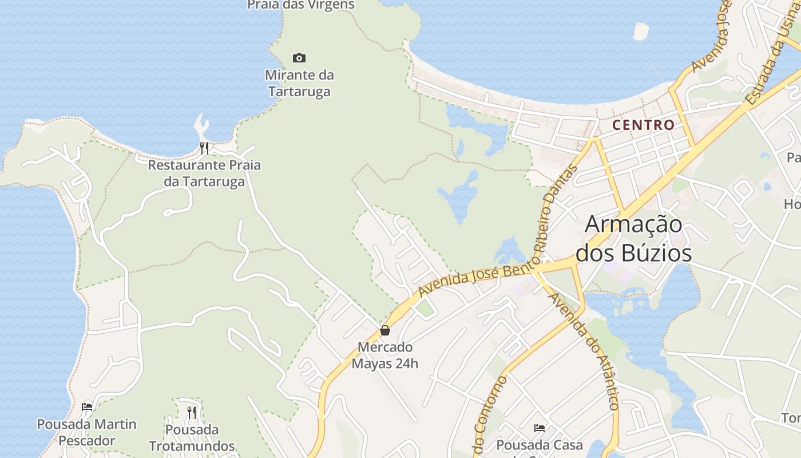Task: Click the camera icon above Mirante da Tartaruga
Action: pyautogui.click(x=299, y=58)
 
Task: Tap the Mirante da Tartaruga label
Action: pyautogui.click(x=300, y=83)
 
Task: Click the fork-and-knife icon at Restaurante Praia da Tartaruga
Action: pyautogui.click(x=204, y=148)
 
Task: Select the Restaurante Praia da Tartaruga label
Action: pyautogui.click(x=204, y=173)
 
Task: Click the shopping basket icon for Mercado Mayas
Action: pyautogui.click(x=385, y=330)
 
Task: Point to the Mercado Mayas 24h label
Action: pyautogui.click(x=385, y=355)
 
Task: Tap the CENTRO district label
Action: pyautogui.click(x=644, y=125)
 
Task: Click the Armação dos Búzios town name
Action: pyautogui.click(x=634, y=238)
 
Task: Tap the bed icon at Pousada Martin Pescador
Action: pyautogui.click(x=87, y=407)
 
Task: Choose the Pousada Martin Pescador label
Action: pyautogui.click(x=87, y=432)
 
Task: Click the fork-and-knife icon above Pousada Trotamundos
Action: pyautogui.click(x=192, y=412)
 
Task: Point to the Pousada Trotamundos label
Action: pyautogui.click(x=192, y=437)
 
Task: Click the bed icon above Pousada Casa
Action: pyautogui.click(x=539, y=428)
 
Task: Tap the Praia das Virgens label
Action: pyautogui.click(x=301, y=5)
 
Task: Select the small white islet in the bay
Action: pyautogui.click(x=641, y=31)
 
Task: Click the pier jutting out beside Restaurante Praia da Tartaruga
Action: pyautogui.click(x=201, y=124)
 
